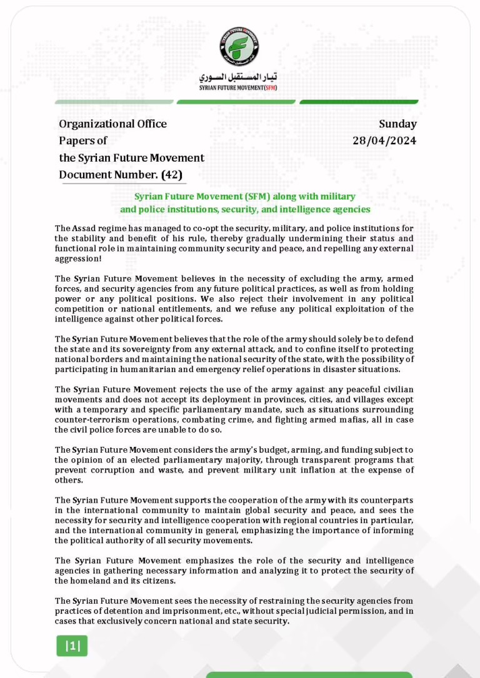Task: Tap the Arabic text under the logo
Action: click(238, 77)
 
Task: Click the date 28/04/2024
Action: click(384, 140)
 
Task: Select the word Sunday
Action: click(397, 124)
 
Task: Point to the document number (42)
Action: click(172, 175)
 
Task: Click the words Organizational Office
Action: click(113, 124)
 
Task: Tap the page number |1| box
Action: click(73, 646)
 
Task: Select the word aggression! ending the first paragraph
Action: click(78, 258)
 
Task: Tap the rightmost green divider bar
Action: click(359, 102)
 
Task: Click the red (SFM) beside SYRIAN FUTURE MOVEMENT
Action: click(270, 87)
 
